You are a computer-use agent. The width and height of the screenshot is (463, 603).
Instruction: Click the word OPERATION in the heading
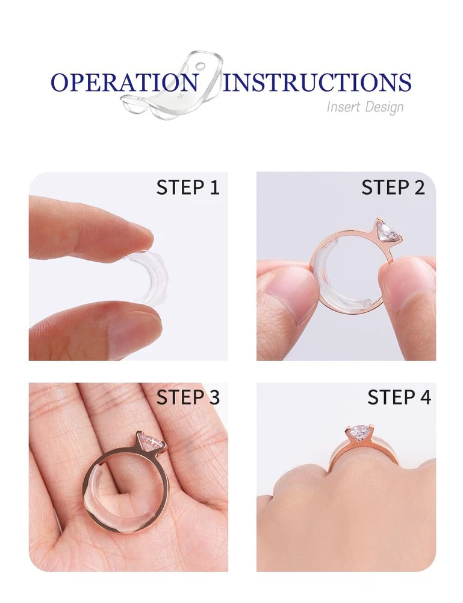(125, 82)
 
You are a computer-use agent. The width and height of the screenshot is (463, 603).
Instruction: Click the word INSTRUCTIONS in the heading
(317, 82)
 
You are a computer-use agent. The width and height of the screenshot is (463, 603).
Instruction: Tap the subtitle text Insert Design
(365, 107)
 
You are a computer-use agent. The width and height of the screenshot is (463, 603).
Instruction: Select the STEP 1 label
(188, 188)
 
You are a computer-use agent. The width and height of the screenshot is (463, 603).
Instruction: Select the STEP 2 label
(393, 188)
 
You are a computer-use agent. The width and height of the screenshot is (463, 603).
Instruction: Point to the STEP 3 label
(188, 397)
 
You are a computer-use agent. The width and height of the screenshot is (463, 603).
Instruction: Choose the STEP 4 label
(399, 397)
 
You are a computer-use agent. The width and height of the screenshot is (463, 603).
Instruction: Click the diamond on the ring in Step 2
(389, 231)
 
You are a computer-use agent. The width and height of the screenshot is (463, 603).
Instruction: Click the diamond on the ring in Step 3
(151, 442)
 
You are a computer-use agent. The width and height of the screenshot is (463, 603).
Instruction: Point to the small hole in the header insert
(200, 66)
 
